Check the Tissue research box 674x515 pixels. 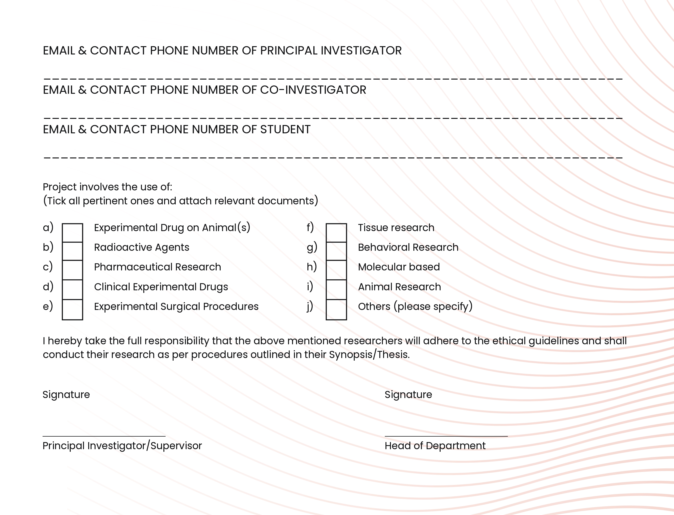tap(336, 233)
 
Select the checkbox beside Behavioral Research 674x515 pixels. tap(336, 251)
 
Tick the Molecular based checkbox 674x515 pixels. tap(336, 270)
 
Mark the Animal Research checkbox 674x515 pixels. tap(336, 289)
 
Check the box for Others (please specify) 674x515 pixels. tap(336, 309)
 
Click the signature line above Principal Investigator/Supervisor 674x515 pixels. tap(104, 435)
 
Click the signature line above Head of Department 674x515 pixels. tap(446, 435)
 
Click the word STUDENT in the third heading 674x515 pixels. tap(285, 129)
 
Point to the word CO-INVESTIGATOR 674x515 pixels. tap(313, 90)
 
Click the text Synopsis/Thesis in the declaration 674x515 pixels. tap(369, 354)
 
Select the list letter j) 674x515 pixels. tap(310, 306)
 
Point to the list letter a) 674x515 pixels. tap(48, 228)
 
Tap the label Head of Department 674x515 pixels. tap(435, 446)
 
